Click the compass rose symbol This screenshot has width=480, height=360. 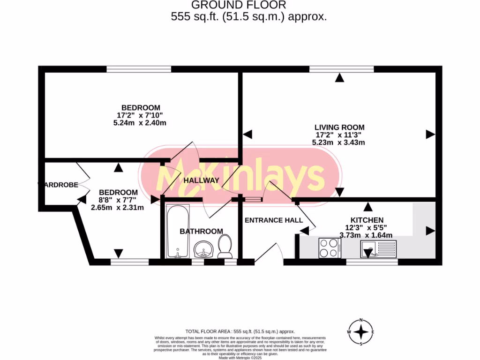[360, 332]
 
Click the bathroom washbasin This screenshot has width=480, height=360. [204, 249]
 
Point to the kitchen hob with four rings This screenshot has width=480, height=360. [330, 247]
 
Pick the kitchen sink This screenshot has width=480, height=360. [379, 248]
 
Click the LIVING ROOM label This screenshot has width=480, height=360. [339, 127]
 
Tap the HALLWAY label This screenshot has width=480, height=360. [201, 180]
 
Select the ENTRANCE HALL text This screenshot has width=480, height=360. [274, 220]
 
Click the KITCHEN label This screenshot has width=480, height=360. [367, 220]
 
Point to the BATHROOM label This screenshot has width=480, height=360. [202, 231]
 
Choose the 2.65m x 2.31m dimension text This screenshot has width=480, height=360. [117, 208]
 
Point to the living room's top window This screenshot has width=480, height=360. [341, 69]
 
